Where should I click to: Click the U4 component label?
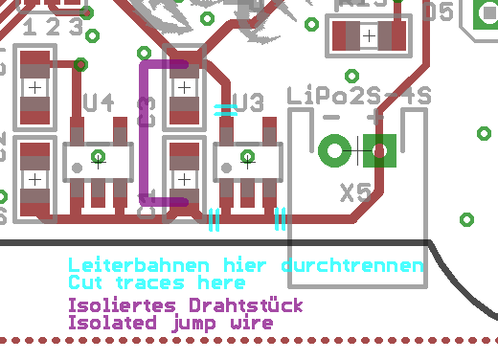pyautogui.click(x=99, y=101)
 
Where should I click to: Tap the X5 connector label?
pyautogui.click(x=356, y=192)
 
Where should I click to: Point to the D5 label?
pyautogui.click(x=438, y=11)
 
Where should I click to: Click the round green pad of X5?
pyautogui.click(x=335, y=149)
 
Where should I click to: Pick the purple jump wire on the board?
pyautogui.click(x=145, y=134)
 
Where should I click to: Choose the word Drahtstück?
pyautogui.click(x=247, y=305)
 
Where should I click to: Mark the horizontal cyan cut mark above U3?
pyautogui.click(x=225, y=109)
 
